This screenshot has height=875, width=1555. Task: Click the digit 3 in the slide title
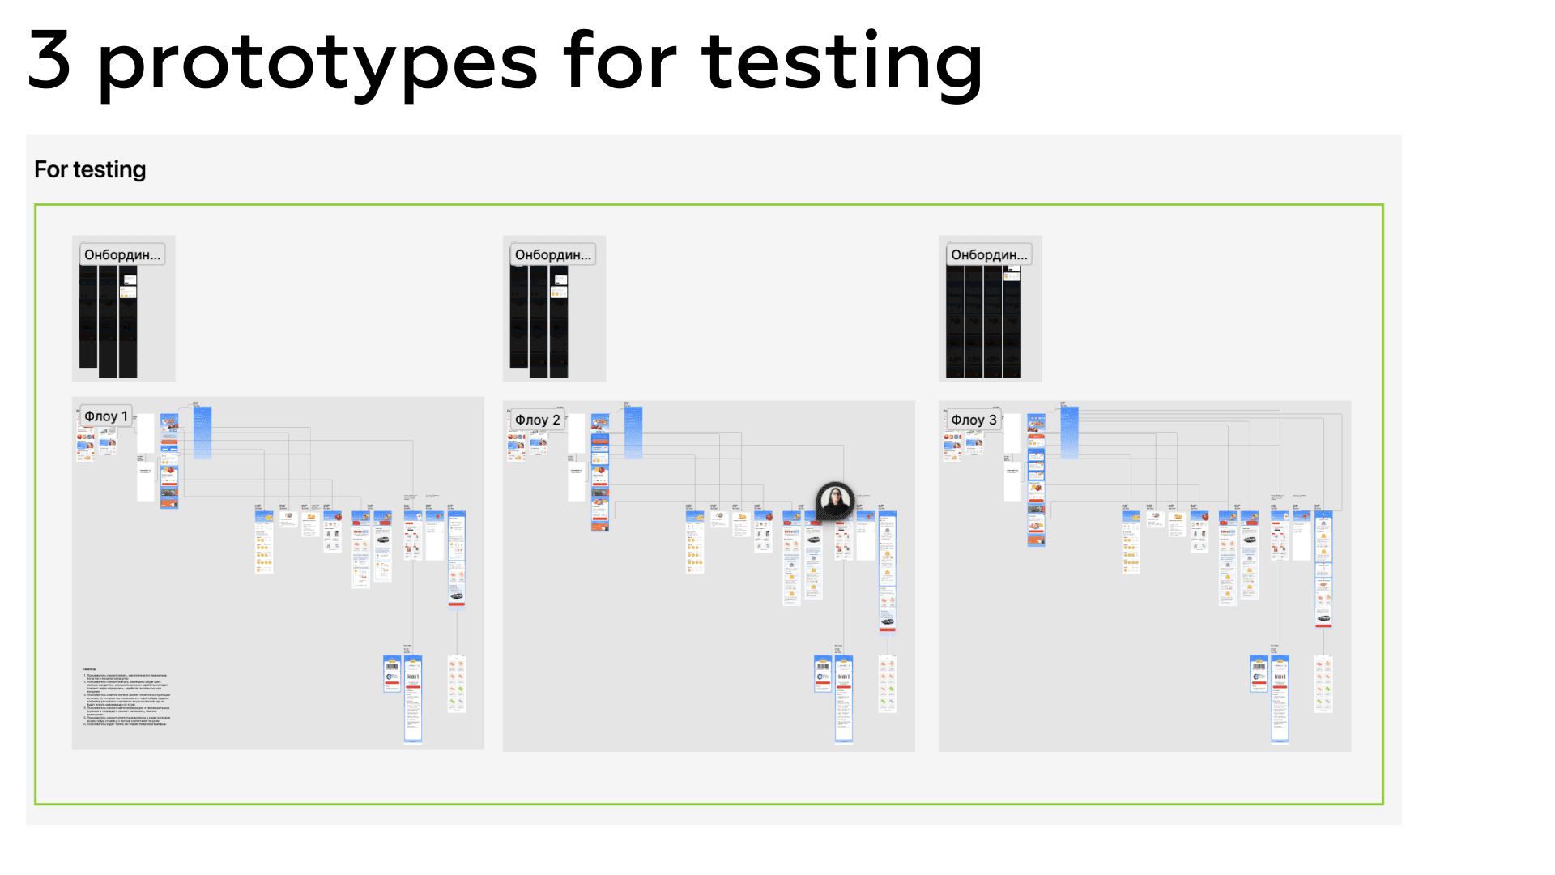(x=49, y=61)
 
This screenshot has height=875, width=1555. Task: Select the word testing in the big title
(x=842, y=63)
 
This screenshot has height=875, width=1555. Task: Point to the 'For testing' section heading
(x=90, y=169)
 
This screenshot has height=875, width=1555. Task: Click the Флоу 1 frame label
(x=106, y=416)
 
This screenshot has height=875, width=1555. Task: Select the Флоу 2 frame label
(x=537, y=420)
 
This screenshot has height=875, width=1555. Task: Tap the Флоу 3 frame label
(x=973, y=420)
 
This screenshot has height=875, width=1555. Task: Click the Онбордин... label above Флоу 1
(x=122, y=254)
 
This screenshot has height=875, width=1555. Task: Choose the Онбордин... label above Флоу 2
(x=553, y=254)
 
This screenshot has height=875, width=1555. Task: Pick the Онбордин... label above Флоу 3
(x=989, y=254)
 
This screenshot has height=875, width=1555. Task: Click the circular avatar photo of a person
(x=835, y=501)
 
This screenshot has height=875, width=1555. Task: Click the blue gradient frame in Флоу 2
(x=633, y=433)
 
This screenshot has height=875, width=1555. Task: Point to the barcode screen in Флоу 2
(x=823, y=672)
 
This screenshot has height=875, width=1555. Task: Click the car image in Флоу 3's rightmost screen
(x=1323, y=620)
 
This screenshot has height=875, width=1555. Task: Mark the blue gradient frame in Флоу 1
(x=202, y=433)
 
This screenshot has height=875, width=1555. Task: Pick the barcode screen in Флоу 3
(x=1259, y=672)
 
